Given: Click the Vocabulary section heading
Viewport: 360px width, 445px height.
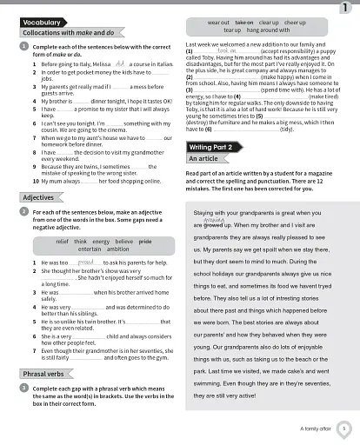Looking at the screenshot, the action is pos(42,21).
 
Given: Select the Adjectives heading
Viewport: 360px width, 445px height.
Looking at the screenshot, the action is pos(37,197).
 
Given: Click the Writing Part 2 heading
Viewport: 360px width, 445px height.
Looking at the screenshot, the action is pos(210,148).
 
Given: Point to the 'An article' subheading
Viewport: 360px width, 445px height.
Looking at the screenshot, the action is pos(203,159).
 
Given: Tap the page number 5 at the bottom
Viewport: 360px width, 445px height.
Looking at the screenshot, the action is pos(344,428).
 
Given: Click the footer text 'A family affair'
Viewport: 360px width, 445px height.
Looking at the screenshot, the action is pos(315,428).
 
